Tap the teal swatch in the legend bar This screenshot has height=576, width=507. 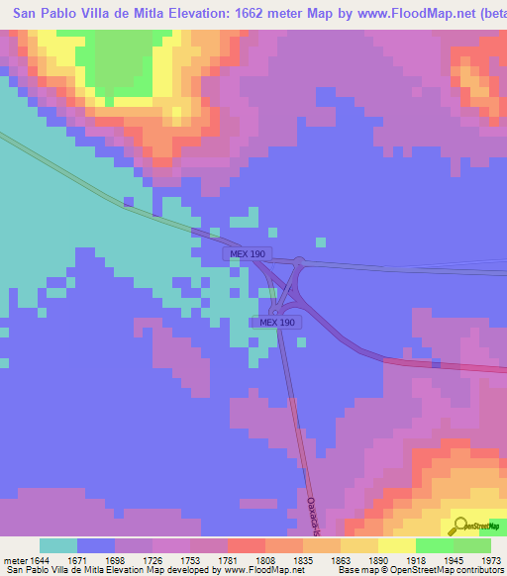click(x=57, y=545)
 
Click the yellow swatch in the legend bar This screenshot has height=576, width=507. click(x=396, y=545)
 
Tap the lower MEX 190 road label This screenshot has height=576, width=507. click(x=276, y=323)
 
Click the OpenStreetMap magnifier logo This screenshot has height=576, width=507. click(x=458, y=525)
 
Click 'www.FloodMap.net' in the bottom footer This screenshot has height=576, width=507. click(x=263, y=571)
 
